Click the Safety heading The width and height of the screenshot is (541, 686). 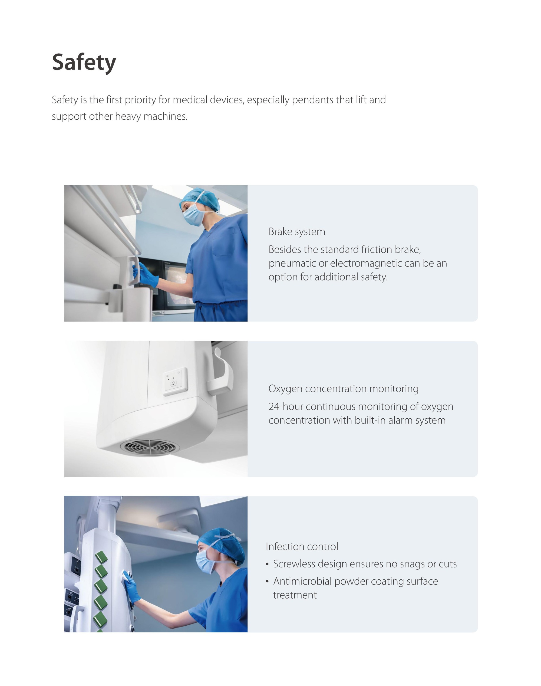(84, 63)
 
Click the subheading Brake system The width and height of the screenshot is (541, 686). (297, 232)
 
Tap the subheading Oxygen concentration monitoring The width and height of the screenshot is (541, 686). (343, 389)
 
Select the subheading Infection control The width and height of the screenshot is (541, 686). (302, 546)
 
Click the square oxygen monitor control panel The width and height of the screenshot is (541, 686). (175, 382)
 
